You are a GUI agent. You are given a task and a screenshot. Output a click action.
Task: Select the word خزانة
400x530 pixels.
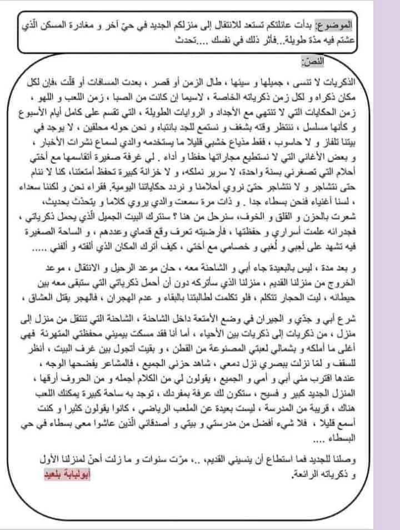tap(138, 166)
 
